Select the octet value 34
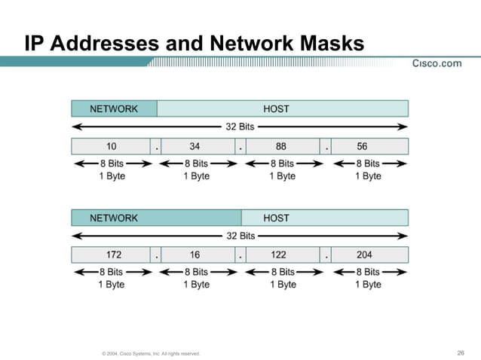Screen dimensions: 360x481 point(195,147)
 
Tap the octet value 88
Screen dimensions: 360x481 point(280,147)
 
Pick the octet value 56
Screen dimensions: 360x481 point(363,147)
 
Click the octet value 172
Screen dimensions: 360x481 point(112,255)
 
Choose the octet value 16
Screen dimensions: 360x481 point(195,255)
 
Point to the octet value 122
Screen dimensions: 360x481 point(278,255)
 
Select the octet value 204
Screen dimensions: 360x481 point(363,255)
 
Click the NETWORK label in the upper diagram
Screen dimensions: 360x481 point(114,109)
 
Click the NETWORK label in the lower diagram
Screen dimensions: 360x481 point(114,218)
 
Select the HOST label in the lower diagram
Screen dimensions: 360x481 point(276,218)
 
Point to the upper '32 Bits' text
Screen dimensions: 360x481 point(240,127)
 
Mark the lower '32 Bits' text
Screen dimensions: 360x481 point(240,236)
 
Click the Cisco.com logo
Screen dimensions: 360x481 point(437,63)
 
